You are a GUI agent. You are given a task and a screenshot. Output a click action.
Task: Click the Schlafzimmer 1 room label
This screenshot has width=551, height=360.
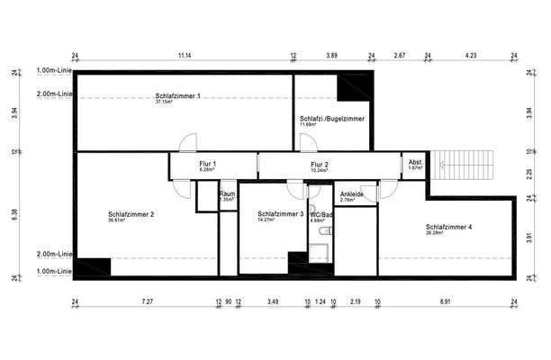point(177,95)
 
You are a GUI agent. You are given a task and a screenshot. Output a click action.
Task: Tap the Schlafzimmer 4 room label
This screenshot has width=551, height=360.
point(448,226)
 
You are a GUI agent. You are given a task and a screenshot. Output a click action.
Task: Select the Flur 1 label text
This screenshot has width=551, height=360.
point(208,164)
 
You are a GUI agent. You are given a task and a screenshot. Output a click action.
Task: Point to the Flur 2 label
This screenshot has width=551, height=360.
point(319,165)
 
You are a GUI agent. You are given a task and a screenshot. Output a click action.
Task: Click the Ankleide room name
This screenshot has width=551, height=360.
point(351,193)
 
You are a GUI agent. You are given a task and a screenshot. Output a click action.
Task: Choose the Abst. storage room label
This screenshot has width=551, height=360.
point(414,163)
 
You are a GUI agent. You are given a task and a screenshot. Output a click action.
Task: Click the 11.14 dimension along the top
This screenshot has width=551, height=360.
point(184,56)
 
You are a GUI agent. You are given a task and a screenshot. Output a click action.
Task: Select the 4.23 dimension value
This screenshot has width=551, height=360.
point(470,56)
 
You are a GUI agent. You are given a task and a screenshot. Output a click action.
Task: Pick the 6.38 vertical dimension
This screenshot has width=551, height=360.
point(14,213)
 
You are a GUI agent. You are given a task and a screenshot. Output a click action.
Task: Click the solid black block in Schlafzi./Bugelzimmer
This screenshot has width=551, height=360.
point(353,88)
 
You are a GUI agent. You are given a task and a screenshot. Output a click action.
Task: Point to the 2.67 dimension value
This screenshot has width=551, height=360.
point(401,56)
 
